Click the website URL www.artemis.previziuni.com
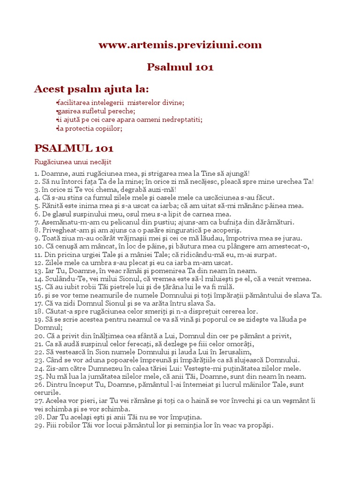180,45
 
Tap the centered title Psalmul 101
180,67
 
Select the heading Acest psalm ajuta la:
91,89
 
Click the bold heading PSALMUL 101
74,149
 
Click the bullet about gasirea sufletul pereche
96,111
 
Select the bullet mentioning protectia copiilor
90,128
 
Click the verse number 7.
37,222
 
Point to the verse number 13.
38,270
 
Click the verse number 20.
39,336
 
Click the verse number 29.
39,426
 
